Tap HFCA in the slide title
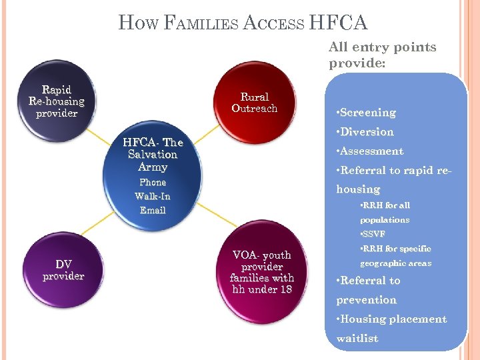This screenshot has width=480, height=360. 338,23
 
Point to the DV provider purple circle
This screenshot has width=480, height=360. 63,270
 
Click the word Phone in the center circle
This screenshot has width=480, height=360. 153,182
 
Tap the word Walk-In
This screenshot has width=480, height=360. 153,196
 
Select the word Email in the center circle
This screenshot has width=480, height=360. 153,210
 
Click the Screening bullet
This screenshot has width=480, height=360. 367,113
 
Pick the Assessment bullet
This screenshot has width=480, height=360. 371,151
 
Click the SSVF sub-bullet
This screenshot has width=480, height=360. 373,234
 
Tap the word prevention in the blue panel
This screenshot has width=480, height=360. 366,300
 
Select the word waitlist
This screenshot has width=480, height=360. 357,339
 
